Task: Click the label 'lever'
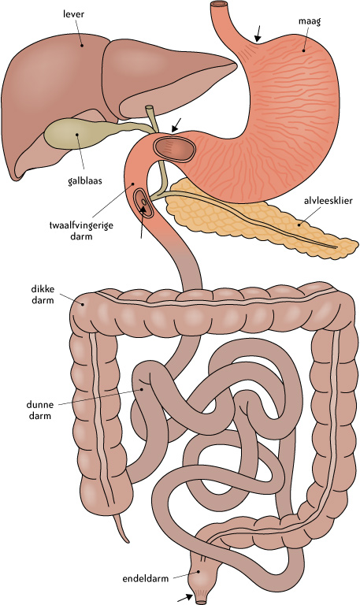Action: coord(73,14)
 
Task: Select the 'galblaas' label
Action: coord(84,180)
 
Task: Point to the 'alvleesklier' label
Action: coord(328,201)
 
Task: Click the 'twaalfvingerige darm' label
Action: coord(81,230)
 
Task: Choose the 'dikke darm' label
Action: coord(43,295)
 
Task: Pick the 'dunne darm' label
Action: coord(39,410)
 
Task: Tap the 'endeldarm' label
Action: coord(146,579)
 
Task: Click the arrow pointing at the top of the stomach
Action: coord(257,34)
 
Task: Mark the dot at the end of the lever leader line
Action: coord(82,45)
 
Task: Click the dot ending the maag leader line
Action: coord(303,50)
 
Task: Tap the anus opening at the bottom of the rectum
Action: coord(201,600)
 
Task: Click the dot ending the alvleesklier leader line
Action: coord(299,225)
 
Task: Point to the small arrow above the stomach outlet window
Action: coord(176,125)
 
